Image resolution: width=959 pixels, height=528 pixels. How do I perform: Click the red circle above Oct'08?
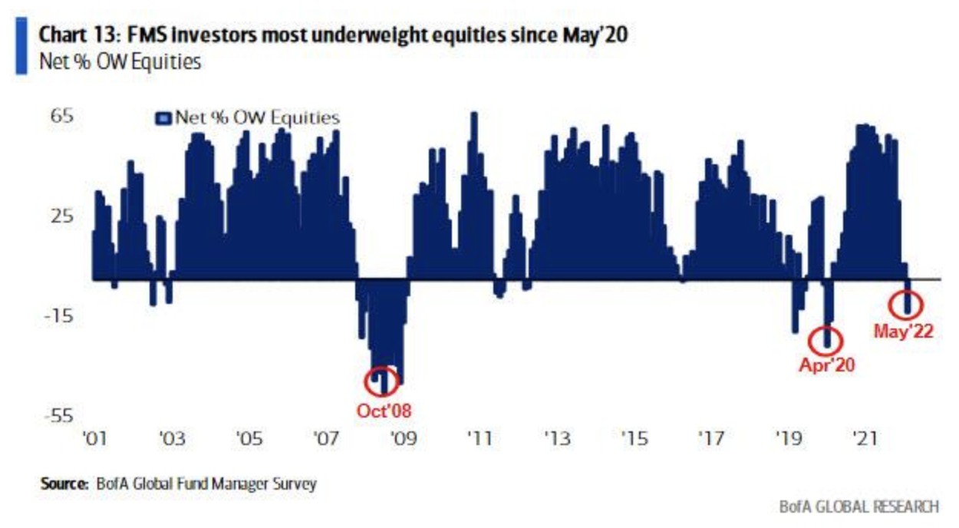coord(383,380)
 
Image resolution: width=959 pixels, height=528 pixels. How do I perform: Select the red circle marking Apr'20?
coord(826,339)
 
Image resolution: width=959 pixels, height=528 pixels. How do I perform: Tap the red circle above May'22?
coord(905,305)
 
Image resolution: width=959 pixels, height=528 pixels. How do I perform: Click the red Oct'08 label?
coord(384,410)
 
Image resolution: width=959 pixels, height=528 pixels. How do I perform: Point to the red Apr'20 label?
coord(826,365)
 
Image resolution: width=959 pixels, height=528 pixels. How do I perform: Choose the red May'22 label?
coord(903,332)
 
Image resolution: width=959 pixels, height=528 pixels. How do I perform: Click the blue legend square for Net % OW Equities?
coord(163,118)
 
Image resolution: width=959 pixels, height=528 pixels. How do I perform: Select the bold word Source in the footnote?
coord(64,484)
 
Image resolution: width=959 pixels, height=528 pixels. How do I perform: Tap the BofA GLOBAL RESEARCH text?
coord(858,507)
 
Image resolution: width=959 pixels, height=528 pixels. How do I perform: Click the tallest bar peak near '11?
coord(473,115)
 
